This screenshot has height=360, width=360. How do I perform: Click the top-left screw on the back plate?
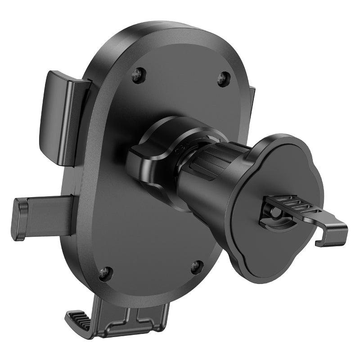(139, 75)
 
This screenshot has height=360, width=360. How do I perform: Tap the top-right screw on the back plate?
(223, 79)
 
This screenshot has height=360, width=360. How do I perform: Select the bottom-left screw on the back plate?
(105, 273)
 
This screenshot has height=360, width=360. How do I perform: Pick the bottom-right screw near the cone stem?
(197, 267)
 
